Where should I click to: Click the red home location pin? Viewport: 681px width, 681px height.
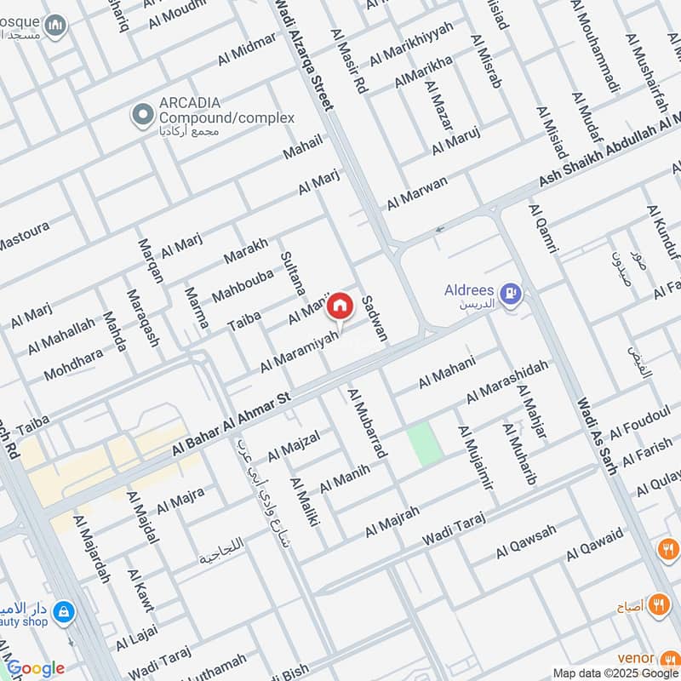(x=340, y=305)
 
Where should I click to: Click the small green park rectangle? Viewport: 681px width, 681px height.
(x=424, y=444)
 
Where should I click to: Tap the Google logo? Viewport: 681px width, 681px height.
(x=35, y=669)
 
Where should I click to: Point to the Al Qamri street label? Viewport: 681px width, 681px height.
(x=542, y=228)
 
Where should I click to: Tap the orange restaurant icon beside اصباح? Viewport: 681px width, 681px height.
(x=657, y=605)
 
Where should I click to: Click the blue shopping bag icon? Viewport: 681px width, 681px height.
(x=63, y=611)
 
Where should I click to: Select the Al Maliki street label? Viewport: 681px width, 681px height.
(x=304, y=501)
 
